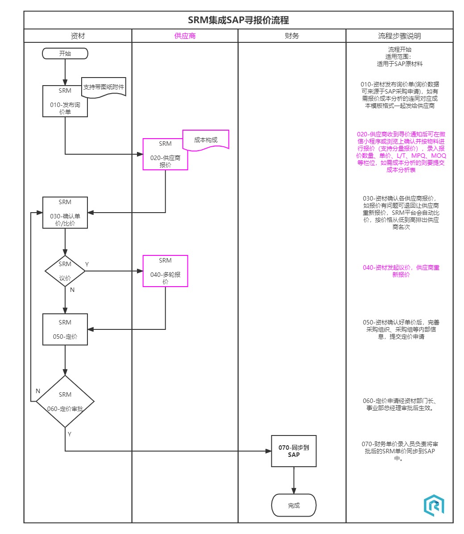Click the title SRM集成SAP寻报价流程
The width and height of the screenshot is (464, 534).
click(238, 20)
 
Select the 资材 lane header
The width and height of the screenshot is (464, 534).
click(78, 36)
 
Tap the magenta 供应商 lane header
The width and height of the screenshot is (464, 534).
click(185, 36)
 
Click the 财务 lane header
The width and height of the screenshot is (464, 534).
click(292, 36)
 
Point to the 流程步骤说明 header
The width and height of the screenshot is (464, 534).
click(399, 36)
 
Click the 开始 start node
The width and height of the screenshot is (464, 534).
click(65, 53)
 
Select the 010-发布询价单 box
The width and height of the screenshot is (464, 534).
click(65, 102)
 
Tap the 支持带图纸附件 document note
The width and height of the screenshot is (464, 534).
click(104, 87)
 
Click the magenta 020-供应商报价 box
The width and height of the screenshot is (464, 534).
click(165, 155)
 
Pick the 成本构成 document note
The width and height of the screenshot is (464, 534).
click(206, 140)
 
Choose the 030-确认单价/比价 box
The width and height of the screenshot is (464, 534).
click(65, 213)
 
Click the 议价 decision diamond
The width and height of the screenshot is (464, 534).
click(65, 271)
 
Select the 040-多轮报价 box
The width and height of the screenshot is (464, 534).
click(165, 271)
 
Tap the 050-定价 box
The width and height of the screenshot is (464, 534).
click(65, 329)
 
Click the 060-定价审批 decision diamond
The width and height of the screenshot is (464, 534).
click(65, 402)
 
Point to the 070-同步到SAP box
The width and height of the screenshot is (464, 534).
click(294, 451)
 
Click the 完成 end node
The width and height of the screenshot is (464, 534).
click(294, 505)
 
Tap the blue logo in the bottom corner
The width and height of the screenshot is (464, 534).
click(434, 505)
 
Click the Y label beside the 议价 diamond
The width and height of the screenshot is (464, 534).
click(87, 264)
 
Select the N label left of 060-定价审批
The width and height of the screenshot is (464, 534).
click(38, 391)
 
